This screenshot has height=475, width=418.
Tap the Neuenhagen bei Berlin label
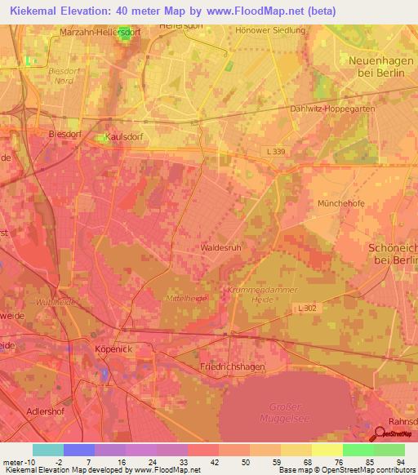377,66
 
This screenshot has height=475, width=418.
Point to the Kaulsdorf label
125,138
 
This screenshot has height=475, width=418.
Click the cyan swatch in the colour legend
48,450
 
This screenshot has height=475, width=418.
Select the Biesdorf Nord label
62,76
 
